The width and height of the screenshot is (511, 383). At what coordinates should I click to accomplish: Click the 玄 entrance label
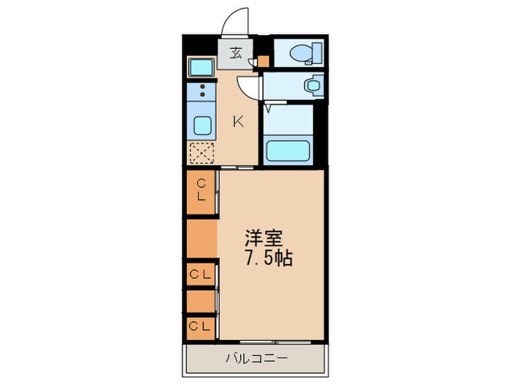coord(237,53)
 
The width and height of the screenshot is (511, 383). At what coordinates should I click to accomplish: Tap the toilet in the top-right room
coord(301,53)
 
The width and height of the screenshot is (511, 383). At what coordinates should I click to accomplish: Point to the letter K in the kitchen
coord(239,122)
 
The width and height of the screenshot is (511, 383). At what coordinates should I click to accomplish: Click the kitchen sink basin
coord(202,127)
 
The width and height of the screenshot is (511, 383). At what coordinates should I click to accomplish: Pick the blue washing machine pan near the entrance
coord(201,68)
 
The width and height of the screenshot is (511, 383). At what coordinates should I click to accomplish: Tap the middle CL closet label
coord(201,274)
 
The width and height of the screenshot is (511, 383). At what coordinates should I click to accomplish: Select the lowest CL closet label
coord(200,326)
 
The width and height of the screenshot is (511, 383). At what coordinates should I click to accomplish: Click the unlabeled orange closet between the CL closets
coord(201,238)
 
